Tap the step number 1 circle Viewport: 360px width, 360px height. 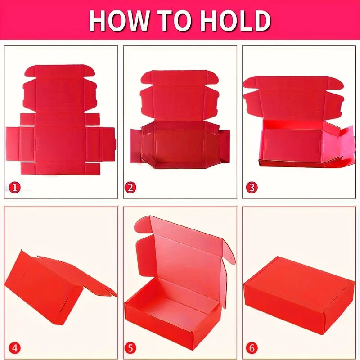pyautogui.click(x=15, y=188)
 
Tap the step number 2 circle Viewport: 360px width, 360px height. pyautogui.click(x=130, y=188)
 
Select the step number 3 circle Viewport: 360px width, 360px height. pyautogui.click(x=252, y=188)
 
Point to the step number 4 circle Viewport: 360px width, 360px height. pyautogui.click(x=15, y=348)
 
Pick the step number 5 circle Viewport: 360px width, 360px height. pyautogui.click(x=130, y=348)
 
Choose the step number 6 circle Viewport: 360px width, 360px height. pyautogui.click(x=252, y=348)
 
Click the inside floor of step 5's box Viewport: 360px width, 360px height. pyautogui.click(x=175, y=298)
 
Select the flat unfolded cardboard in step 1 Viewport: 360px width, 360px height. pyautogui.click(x=61, y=119)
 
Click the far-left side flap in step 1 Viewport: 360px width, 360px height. pyautogui.click(x=13, y=144)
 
